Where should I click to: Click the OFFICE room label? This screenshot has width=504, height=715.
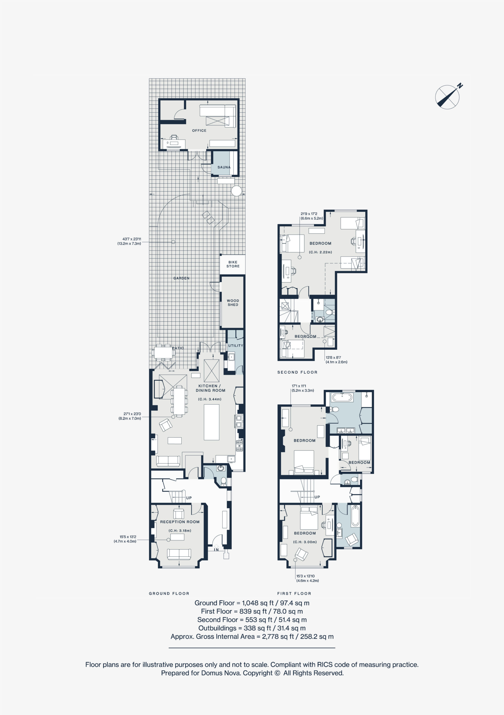199,130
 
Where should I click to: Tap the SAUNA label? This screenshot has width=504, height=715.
224,167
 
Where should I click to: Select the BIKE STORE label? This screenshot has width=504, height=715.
233,264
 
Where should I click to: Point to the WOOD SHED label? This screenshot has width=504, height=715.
233,303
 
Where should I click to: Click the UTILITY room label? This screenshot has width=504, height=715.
236,346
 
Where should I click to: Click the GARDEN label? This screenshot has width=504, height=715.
181,278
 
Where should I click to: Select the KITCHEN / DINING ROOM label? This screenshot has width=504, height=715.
210,388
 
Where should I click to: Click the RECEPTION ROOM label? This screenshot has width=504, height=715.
180,522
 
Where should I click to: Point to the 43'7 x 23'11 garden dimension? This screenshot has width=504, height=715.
129,241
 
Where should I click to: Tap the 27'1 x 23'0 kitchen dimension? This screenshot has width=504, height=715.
130,416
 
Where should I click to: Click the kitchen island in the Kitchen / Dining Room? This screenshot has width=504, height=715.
212,422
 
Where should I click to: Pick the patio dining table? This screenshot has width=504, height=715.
164,352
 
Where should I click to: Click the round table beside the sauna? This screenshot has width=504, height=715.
236,191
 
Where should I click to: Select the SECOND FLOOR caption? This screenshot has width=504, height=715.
297,372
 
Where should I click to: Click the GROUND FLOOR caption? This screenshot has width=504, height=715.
169,594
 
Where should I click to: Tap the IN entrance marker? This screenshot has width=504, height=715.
216,550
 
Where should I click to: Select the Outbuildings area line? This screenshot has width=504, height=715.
252,628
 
